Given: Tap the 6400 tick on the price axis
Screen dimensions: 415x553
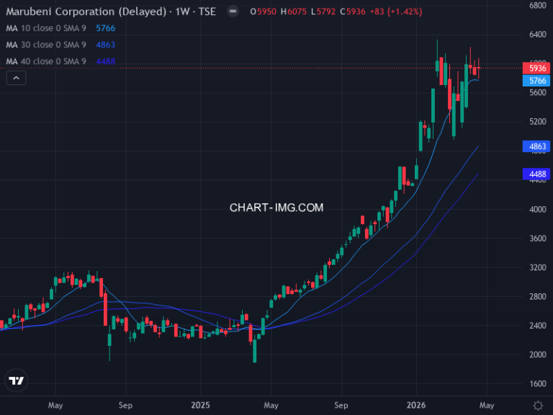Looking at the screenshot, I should [538, 35].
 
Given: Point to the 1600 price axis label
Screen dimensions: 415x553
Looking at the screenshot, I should [538, 384].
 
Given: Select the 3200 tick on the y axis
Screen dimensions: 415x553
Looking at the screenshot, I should [538, 267].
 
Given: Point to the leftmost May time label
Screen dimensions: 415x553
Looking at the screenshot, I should [55, 405].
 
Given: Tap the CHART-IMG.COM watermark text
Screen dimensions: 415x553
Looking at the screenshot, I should [276, 207].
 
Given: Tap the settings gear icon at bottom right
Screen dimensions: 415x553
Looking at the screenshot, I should [538, 405].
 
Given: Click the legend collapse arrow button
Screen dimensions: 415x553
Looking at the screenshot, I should [15, 78].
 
